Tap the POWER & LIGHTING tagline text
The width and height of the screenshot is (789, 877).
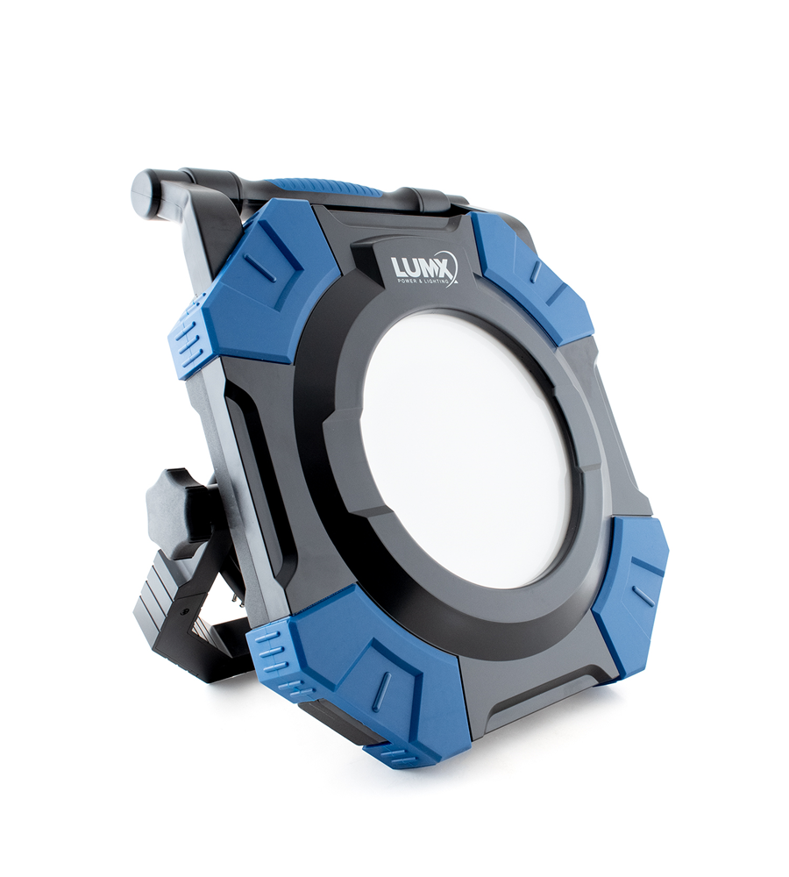pyautogui.click(x=418, y=282)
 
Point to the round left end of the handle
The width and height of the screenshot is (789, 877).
pyautogui.click(x=146, y=192)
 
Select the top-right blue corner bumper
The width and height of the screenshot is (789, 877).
pyautogui.click(x=530, y=276)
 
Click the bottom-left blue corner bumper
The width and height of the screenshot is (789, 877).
pyautogui.click(x=368, y=675)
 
